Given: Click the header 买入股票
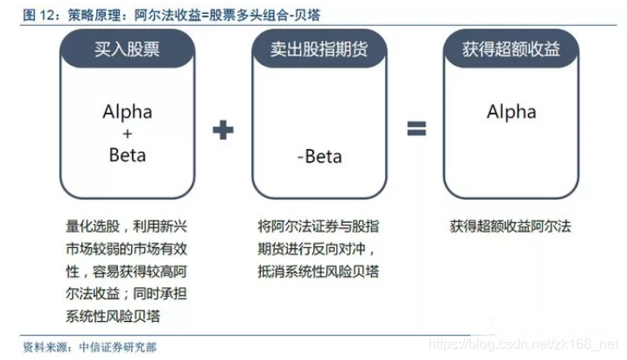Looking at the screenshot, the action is point(127,49).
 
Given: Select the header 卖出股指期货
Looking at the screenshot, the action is point(317,49).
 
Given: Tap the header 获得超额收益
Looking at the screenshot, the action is point(511,49).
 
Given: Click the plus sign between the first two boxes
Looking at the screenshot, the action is point(223,130).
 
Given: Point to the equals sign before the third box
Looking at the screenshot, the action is point(417,130).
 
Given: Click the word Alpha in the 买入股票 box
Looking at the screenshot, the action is point(127,112).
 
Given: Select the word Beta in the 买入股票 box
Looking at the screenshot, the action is point(127,155).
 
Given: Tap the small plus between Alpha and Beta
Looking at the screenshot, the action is point(127,134).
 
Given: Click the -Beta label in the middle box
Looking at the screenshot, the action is point(318,156).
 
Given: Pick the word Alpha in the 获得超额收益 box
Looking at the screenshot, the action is point(511,112).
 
